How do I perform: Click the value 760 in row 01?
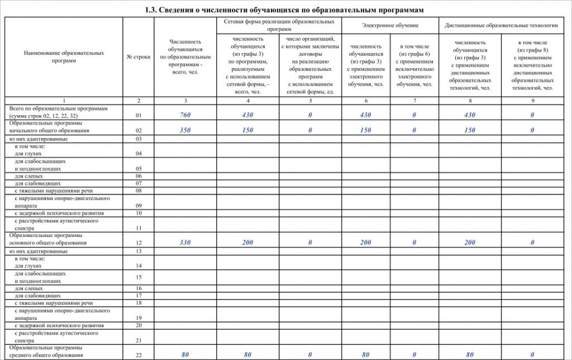pos(185,115)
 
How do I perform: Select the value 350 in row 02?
pos(185,130)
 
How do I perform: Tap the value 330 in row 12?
pos(185,243)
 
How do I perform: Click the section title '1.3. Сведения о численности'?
pos(285,10)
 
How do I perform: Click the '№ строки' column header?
pos(139,57)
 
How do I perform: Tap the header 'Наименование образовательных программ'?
pos(64,56)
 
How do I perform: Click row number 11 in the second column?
pos(139,228)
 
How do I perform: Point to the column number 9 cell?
pos(532,100)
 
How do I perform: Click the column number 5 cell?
pos(310,100)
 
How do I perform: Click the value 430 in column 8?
pos(469,115)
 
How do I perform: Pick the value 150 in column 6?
pos(365,130)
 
